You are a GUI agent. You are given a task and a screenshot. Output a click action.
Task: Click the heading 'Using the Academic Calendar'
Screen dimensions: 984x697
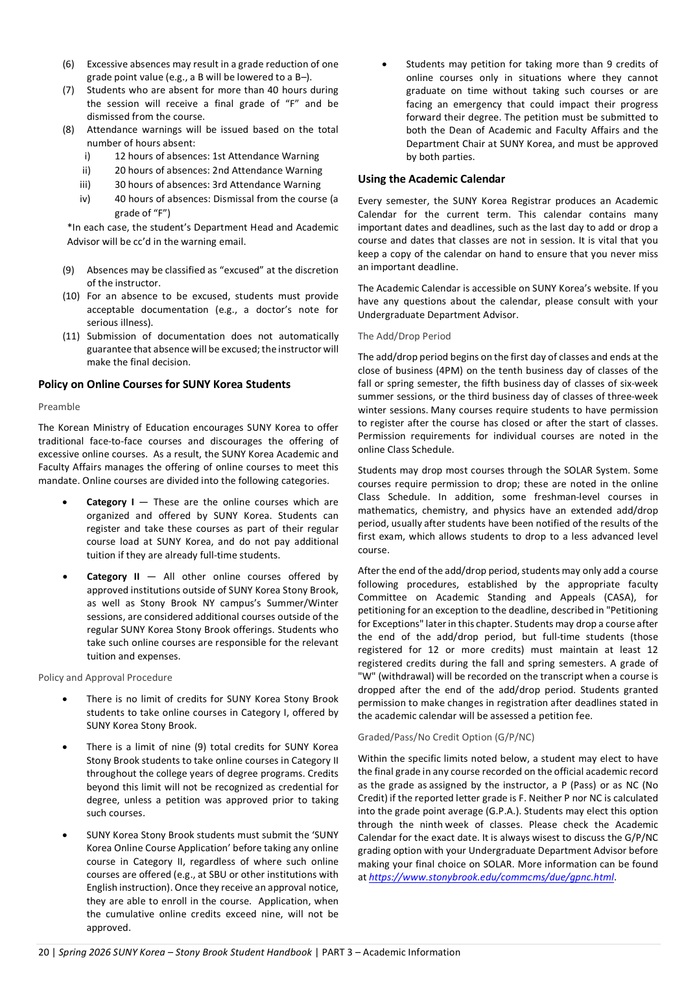click(x=431, y=179)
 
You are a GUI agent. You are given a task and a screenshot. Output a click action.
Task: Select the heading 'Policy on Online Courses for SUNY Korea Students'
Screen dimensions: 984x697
click(x=164, y=384)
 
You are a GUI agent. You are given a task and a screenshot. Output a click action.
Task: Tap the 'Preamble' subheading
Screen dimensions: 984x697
click(x=59, y=407)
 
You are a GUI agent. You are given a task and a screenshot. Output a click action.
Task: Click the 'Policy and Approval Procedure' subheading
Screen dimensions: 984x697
click(x=105, y=678)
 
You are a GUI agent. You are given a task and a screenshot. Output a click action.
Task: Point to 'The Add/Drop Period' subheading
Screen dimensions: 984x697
click(x=404, y=336)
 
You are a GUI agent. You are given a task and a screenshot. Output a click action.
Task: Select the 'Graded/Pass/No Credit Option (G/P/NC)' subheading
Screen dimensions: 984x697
click(x=446, y=737)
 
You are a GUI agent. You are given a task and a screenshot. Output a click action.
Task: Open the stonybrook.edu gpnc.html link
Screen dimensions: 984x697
click(x=491, y=877)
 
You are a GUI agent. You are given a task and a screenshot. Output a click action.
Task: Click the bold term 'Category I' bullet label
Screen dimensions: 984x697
click(x=110, y=502)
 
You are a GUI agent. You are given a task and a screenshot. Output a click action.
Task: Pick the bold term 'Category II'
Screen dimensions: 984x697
click(x=113, y=577)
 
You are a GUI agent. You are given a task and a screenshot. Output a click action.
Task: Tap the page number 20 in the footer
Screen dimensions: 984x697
click(x=43, y=952)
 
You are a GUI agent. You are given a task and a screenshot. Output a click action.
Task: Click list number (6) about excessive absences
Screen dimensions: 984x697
click(x=68, y=64)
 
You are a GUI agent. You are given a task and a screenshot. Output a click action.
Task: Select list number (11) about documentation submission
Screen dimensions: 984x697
click(x=71, y=336)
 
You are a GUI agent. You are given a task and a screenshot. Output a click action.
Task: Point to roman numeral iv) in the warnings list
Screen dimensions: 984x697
click(x=85, y=199)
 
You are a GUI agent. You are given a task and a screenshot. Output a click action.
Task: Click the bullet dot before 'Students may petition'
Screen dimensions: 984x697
click(x=384, y=64)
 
